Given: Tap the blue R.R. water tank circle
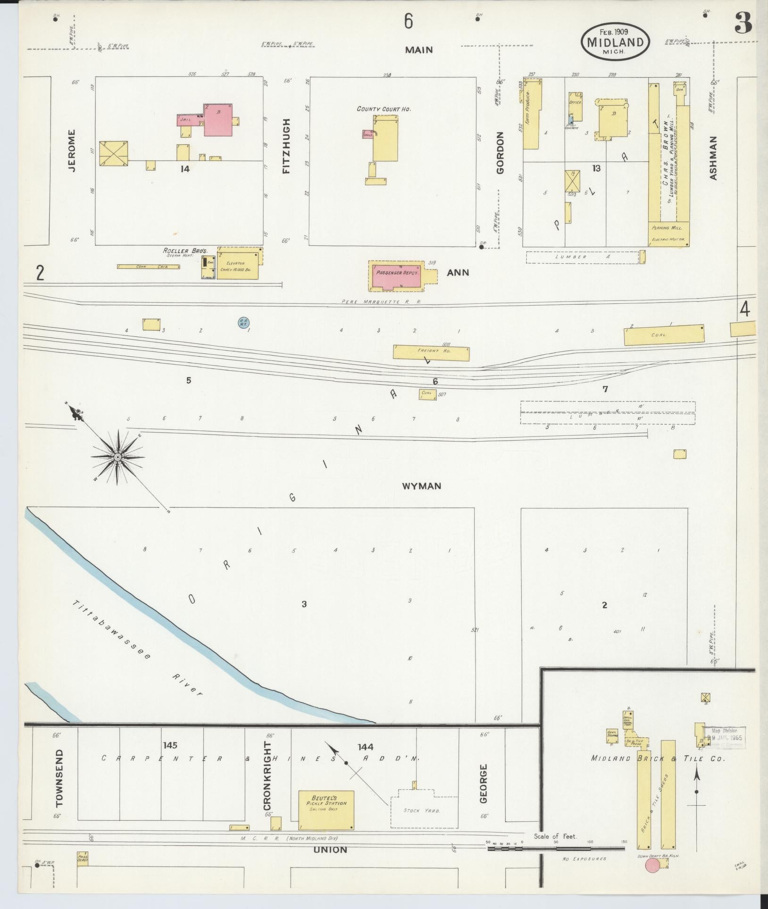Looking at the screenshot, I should pyautogui.click(x=243, y=322).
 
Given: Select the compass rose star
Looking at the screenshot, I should pyautogui.click(x=117, y=457).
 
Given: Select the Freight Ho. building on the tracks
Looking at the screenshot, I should pyautogui.click(x=431, y=352).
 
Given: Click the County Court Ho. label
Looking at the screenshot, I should pyautogui.click(x=384, y=108).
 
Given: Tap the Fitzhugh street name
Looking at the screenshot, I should pyautogui.click(x=286, y=146).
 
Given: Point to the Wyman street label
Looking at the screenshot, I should pyautogui.click(x=421, y=485).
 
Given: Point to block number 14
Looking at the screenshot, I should pyautogui.click(x=184, y=168).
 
